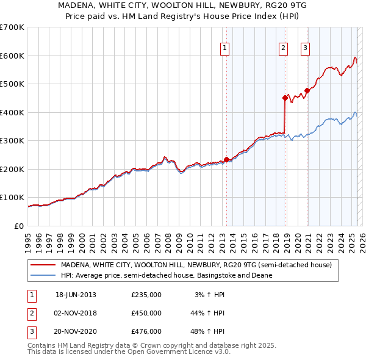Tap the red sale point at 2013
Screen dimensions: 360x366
coord(226,159)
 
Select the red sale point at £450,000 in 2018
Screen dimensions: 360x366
coord(285,98)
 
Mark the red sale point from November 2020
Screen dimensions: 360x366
coord(307,90)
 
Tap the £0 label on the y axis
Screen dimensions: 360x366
coord(18,226)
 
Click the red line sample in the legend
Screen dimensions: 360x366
coord(43,265)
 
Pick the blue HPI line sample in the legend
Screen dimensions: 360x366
coord(43,275)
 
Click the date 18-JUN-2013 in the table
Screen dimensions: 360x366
coord(76,295)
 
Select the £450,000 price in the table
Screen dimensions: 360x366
coord(146,313)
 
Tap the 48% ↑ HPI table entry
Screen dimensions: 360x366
coord(208,331)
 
